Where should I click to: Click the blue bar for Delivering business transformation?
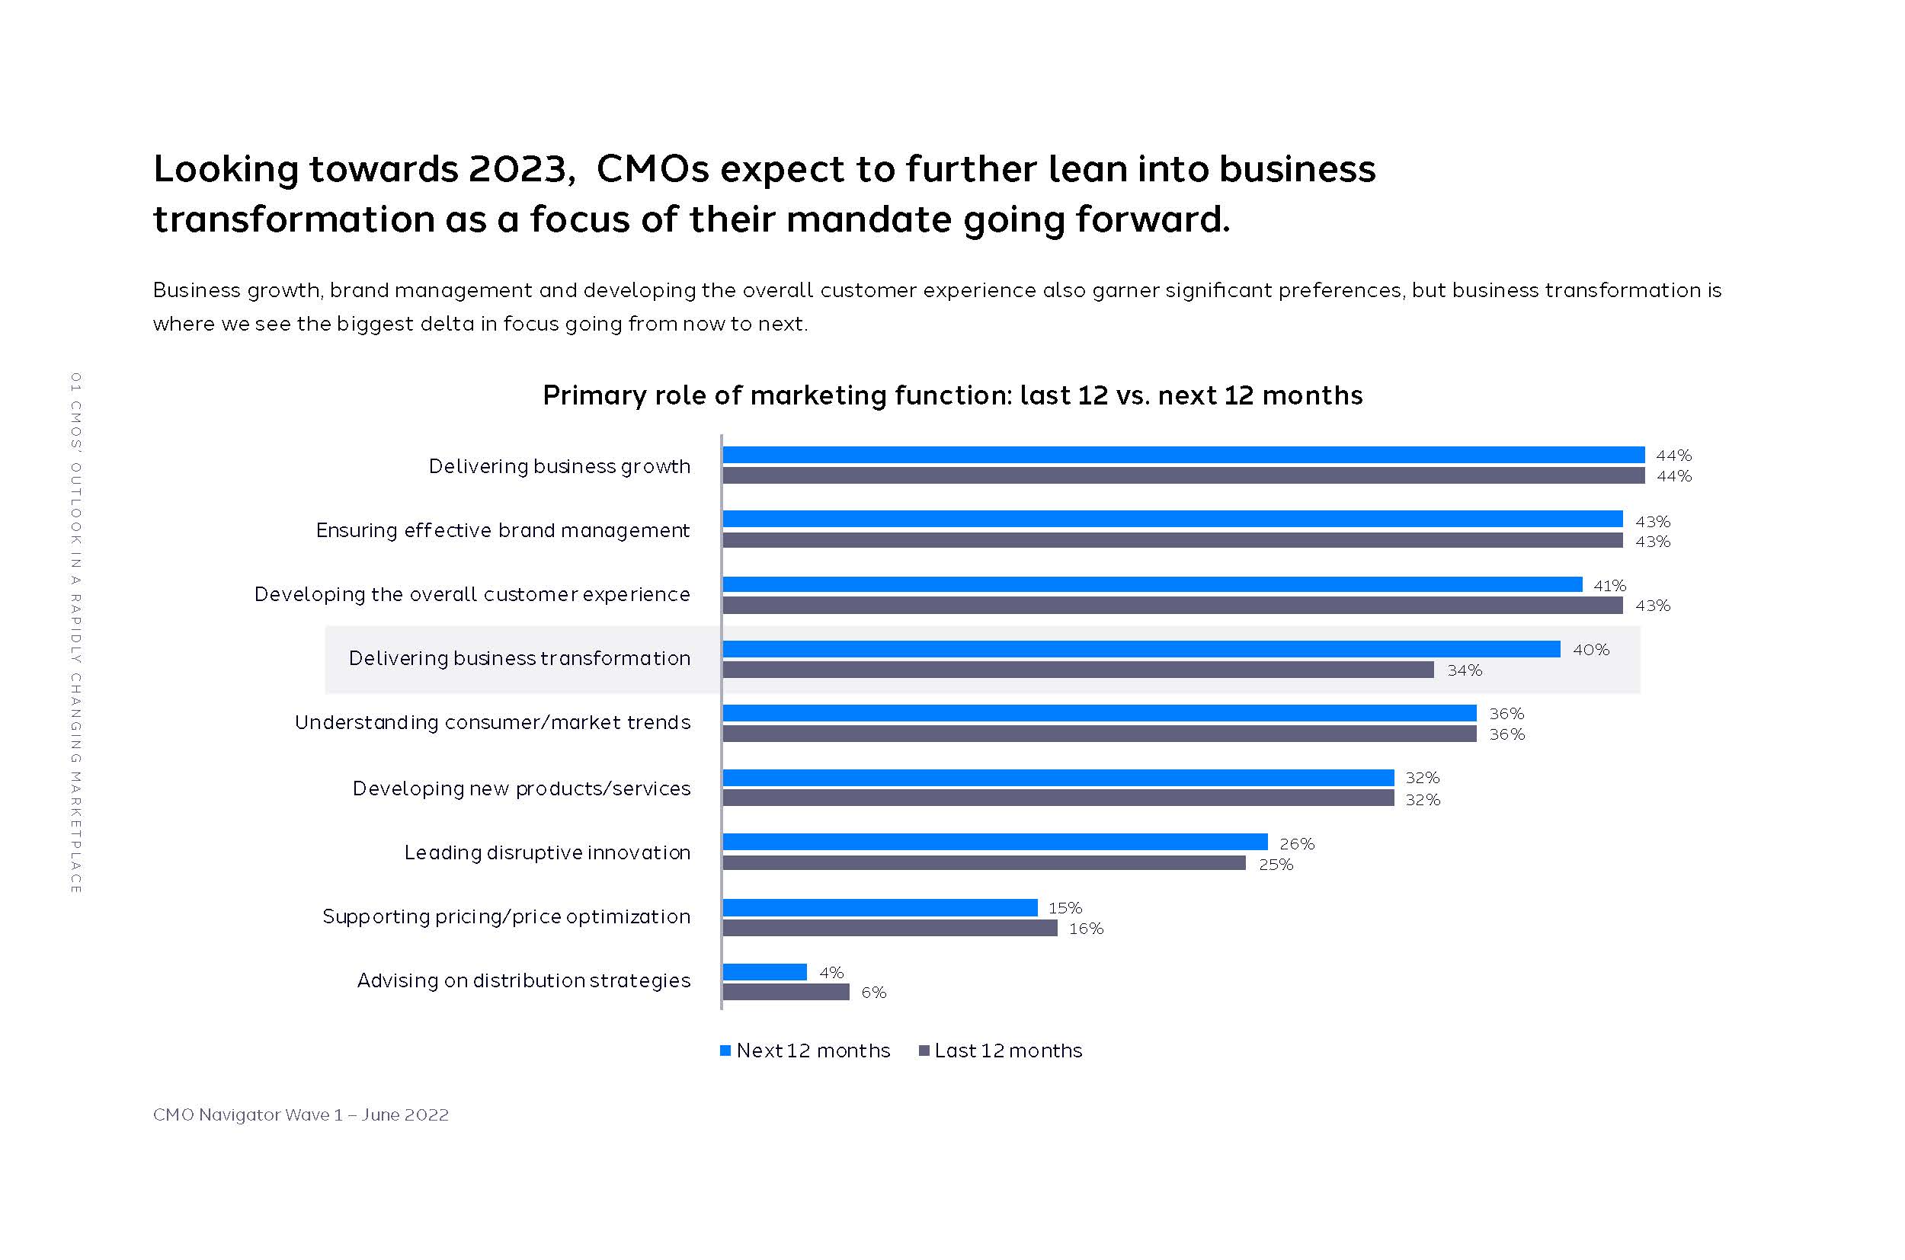click(1141, 649)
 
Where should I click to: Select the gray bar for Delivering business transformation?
click(1077, 670)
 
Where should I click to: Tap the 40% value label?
click(1591, 650)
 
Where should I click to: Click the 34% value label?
click(1465, 671)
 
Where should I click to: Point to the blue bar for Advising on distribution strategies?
click(764, 972)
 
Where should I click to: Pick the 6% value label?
click(874, 993)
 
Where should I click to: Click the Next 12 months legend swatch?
click(725, 1051)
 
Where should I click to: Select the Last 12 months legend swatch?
click(924, 1051)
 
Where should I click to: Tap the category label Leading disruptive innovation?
click(546, 852)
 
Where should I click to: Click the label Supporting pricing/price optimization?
click(507, 917)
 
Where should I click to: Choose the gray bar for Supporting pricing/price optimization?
click(890, 929)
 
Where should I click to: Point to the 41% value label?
click(1609, 586)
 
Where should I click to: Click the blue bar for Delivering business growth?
click(1183, 456)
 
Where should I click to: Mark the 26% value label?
click(1296, 844)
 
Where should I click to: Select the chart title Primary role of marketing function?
click(952, 395)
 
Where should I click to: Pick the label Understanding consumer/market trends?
click(492, 723)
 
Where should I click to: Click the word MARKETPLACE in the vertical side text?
click(75, 832)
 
